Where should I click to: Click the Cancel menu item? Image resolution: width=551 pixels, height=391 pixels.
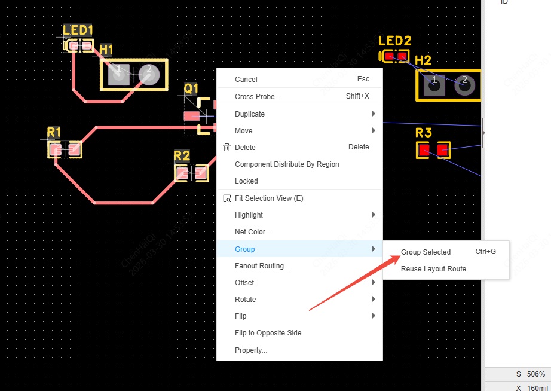coord(246,79)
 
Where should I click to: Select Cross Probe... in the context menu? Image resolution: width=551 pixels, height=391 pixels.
coord(257,96)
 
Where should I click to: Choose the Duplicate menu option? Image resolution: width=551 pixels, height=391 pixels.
coord(249,114)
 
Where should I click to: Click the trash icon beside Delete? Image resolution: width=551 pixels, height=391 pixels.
coord(226,147)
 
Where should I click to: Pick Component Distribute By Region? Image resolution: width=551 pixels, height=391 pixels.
coord(287,164)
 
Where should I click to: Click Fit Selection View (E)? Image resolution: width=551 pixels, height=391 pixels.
coord(269,198)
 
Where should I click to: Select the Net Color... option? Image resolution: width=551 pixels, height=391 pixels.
coord(252,231)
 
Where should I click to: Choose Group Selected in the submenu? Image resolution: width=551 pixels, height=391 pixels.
coord(426,252)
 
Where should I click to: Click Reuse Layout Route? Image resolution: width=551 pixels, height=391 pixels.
coord(433,268)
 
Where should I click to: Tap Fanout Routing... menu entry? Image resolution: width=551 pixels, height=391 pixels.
coord(262,265)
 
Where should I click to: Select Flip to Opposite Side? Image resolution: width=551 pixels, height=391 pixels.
coord(268,332)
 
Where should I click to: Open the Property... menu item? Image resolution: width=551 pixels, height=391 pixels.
coord(250,350)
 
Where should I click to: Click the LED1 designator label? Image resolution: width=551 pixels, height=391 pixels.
coord(78,30)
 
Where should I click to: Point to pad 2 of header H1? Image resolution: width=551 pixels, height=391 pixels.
coord(149,74)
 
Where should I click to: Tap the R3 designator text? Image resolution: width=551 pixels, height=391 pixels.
coord(423,133)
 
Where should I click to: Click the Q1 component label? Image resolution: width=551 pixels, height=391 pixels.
coord(191,88)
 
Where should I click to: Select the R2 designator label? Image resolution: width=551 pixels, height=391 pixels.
coord(182,156)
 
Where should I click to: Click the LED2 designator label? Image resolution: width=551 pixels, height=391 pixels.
coord(395,41)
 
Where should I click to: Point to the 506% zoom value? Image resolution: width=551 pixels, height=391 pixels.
coord(535,374)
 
